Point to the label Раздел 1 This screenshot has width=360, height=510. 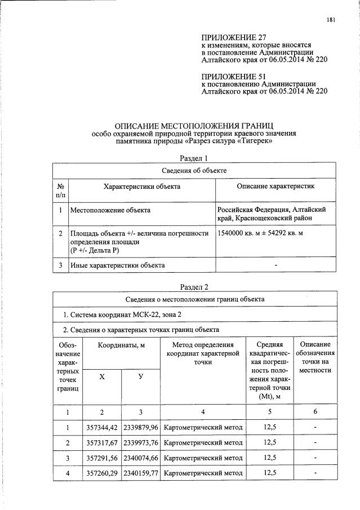(193, 158)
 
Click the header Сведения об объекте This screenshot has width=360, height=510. (194, 170)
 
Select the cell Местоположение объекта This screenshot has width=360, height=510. (110, 210)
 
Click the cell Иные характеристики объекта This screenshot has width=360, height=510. (117, 265)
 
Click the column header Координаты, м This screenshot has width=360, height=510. (121, 345)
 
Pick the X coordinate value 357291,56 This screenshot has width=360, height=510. (102, 457)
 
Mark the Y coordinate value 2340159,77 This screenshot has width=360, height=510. (141, 472)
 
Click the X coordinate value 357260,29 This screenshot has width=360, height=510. (102, 472)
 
